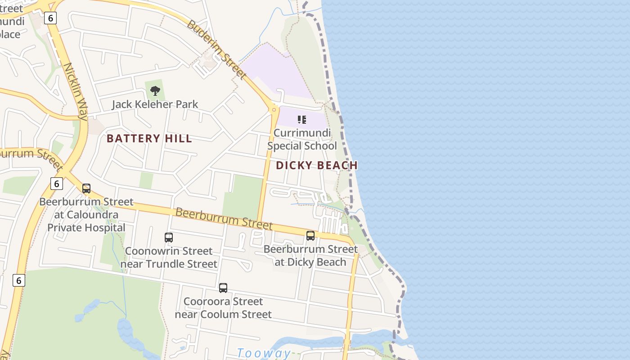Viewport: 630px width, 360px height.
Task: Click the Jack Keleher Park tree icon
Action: click(x=155, y=91)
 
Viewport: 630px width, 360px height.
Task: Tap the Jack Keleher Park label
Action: click(x=155, y=104)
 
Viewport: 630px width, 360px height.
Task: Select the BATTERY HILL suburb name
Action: click(x=149, y=139)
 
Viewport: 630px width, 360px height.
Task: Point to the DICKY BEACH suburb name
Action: click(x=317, y=166)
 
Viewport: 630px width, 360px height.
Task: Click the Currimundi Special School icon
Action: click(x=302, y=120)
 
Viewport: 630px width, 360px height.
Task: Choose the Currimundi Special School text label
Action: click(x=302, y=139)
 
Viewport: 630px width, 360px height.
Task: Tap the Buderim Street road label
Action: click(x=216, y=49)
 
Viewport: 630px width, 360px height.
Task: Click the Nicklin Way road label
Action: click(x=75, y=91)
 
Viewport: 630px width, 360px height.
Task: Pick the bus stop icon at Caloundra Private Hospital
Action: click(x=86, y=189)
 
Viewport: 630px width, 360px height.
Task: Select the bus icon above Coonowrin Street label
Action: click(x=169, y=237)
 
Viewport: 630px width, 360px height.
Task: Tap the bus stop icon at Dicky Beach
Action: click(x=310, y=236)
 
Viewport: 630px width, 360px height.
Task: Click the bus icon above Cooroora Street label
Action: click(x=223, y=288)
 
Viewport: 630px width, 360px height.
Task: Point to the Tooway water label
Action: click(x=264, y=353)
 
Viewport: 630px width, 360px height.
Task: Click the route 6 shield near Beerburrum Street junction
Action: click(x=56, y=184)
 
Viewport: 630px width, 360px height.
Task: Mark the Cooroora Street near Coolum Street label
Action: click(x=223, y=308)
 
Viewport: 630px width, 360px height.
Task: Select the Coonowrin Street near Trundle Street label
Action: click(x=169, y=257)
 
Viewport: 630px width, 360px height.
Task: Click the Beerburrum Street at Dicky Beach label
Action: click(x=310, y=256)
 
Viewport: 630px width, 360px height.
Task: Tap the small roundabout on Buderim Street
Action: click(x=274, y=109)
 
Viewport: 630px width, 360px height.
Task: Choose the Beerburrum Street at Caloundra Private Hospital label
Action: click(x=86, y=215)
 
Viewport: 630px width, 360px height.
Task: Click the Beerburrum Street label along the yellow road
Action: click(x=224, y=218)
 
